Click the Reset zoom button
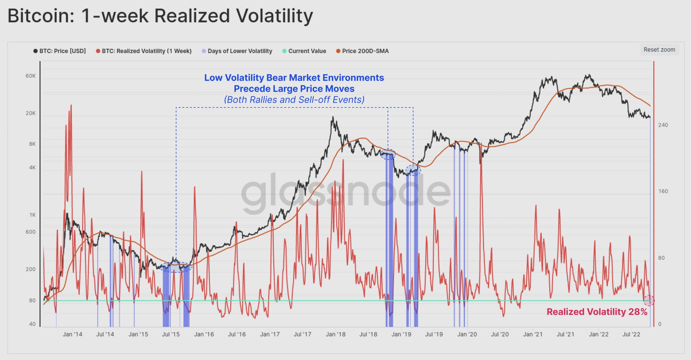click(x=659, y=50)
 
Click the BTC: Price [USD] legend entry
click(x=60, y=51)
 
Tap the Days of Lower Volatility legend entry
click(x=237, y=51)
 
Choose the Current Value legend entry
click(x=304, y=51)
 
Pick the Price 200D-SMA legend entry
click(x=363, y=51)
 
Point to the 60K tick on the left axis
click(x=30, y=76)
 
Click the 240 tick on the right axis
click(x=663, y=125)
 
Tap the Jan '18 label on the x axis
click(x=335, y=334)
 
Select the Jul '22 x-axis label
click(x=631, y=334)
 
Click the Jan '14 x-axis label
click(x=73, y=334)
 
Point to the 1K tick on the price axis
click(x=32, y=215)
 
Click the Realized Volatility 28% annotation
click(x=597, y=312)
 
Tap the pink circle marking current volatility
click(x=649, y=300)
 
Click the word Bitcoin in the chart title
click(x=41, y=16)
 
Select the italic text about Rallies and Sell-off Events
click(x=294, y=100)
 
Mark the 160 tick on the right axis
click(x=663, y=191)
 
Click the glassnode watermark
click(x=345, y=193)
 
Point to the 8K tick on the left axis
click(x=32, y=144)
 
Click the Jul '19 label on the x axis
click(x=434, y=334)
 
